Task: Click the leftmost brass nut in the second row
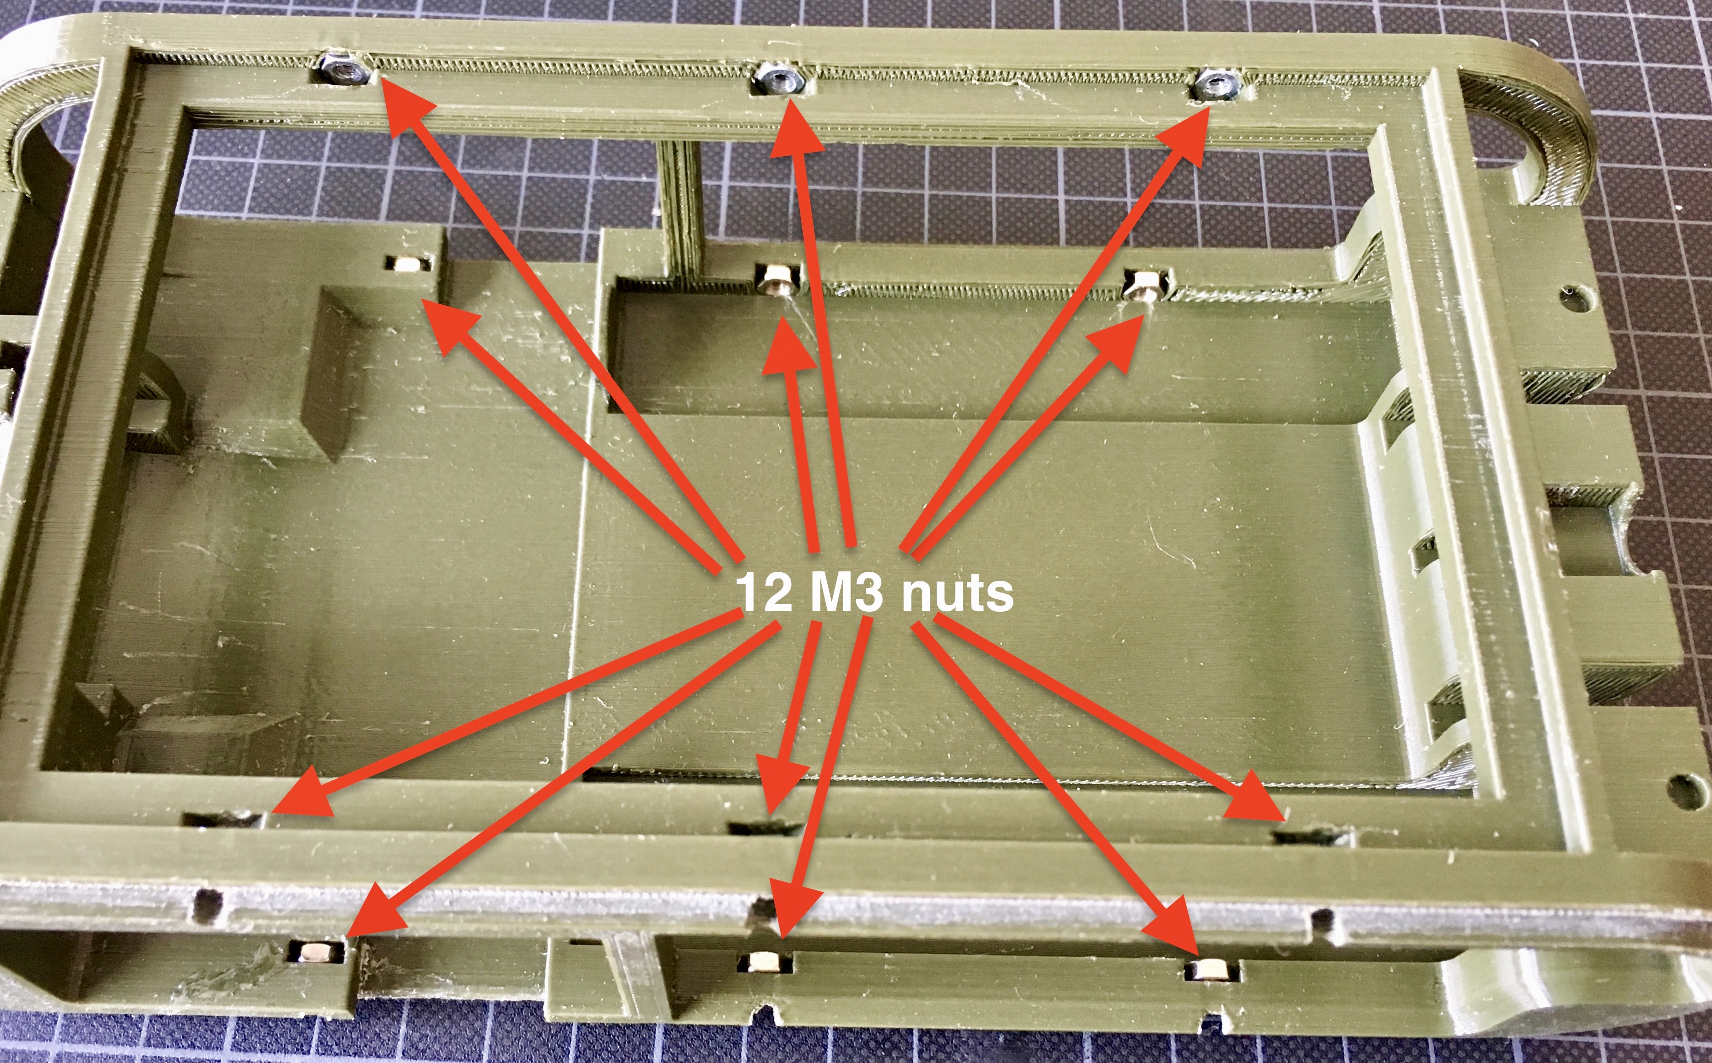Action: point(408,264)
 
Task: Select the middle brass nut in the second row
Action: point(778,278)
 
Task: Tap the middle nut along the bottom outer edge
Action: point(766,962)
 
